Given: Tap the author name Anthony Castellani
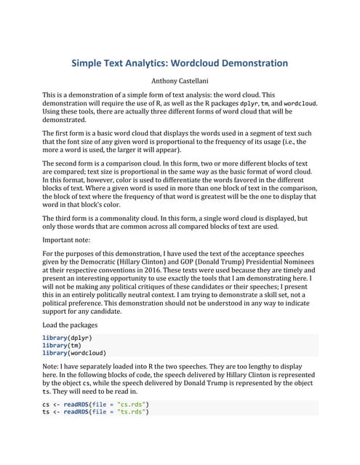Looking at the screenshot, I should (x=180, y=82).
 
